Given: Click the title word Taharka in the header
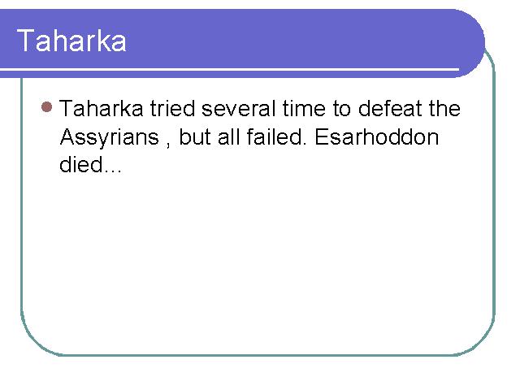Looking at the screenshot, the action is (x=71, y=41).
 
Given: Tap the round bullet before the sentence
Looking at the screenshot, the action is (x=47, y=106).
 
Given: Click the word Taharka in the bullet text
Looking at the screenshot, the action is (x=101, y=108).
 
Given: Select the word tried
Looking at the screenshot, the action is (x=172, y=108).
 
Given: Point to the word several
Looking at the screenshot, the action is (x=238, y=108).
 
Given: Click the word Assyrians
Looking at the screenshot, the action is (x=110, y=137).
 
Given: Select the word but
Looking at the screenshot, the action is (x=195, y=136).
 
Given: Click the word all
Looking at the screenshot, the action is (x=229, y=136).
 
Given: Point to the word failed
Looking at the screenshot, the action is (x=276, y=136).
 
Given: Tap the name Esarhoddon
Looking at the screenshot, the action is (x=377, y=136).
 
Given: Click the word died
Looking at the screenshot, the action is (x=80, y=164).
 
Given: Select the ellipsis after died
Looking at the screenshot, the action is (x=112, y=171).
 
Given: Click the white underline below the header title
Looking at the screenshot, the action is (x=229, y=69).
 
